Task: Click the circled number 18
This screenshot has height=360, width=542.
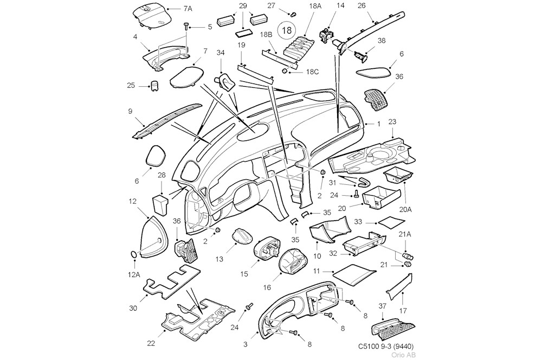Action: click(x=285, y=30)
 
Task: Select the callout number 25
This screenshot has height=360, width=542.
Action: click(x=131, y=85)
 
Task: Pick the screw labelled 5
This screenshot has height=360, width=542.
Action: click(x=186, y=25)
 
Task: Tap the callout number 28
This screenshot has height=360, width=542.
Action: click(x=162, y=175)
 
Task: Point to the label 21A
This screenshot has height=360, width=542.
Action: click(x=405, y=234)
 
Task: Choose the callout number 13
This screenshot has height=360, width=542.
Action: click(x=219, y=259)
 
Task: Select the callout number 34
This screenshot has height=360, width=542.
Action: click(x=221, y=53)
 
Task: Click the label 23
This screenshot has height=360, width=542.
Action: click(x=393, y=121)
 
